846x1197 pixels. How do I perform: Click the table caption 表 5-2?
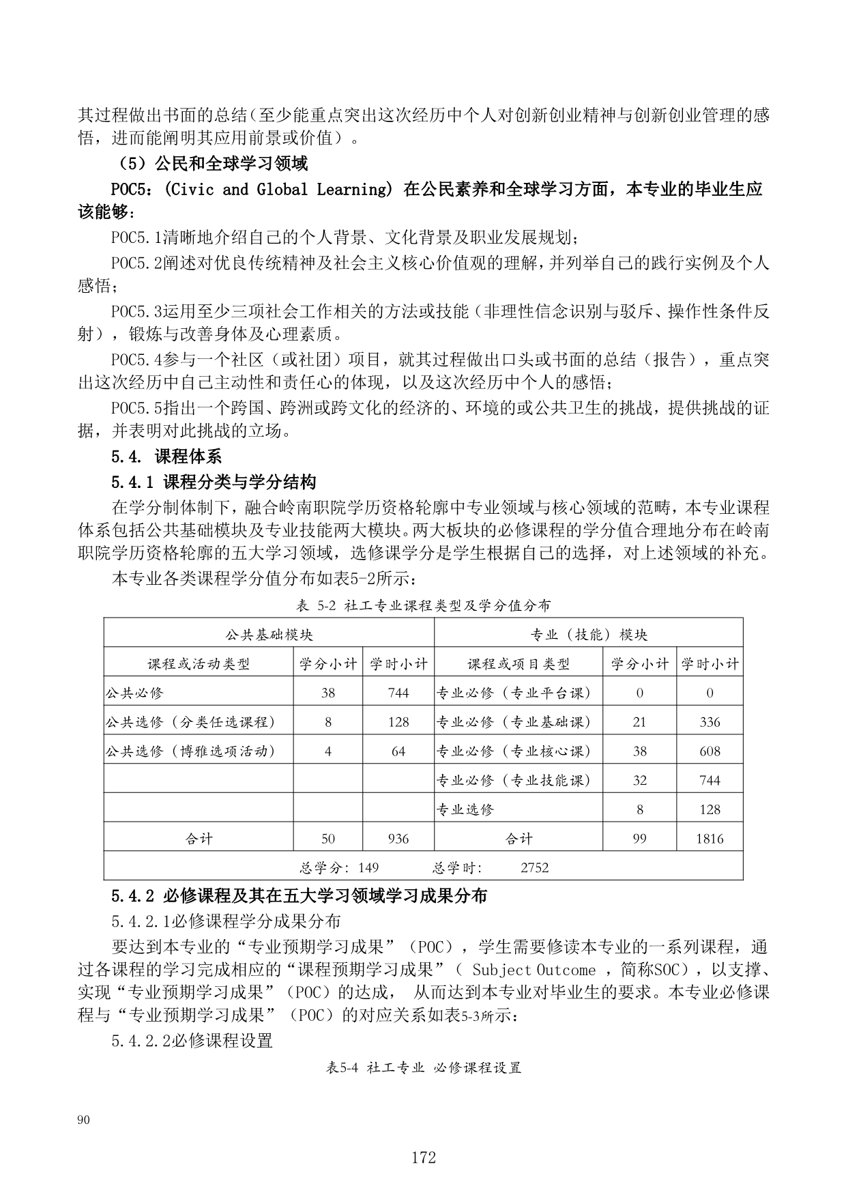click(423, 605)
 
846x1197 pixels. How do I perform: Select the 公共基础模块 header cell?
click(269, 635)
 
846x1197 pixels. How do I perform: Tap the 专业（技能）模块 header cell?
click(589, 635)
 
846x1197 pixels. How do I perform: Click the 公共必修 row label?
click(134, 693)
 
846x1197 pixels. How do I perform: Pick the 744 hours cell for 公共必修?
click(398, 693)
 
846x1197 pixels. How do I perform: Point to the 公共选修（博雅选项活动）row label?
click(191, 751)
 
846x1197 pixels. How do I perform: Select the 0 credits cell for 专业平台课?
click(639, 693)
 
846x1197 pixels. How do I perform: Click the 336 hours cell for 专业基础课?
click(710, 722)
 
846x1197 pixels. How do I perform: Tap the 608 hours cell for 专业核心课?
click(710, 751)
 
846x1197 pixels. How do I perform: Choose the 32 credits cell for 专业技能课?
click(639, 780)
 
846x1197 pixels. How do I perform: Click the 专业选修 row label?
click(465, 809)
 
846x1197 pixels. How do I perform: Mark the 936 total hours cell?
click(398, 839)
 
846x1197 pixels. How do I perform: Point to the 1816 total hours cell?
click(710, 839)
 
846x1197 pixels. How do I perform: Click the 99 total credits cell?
click(639, 839)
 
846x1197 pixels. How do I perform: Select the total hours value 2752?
click(534, 868)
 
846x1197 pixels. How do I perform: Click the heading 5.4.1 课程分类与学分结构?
click(214, 482)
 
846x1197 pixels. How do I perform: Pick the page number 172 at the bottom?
click(423, 1157)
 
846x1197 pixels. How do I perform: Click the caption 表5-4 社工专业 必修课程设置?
click(423, 1068)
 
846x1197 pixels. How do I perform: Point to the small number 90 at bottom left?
click(84, 1119)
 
